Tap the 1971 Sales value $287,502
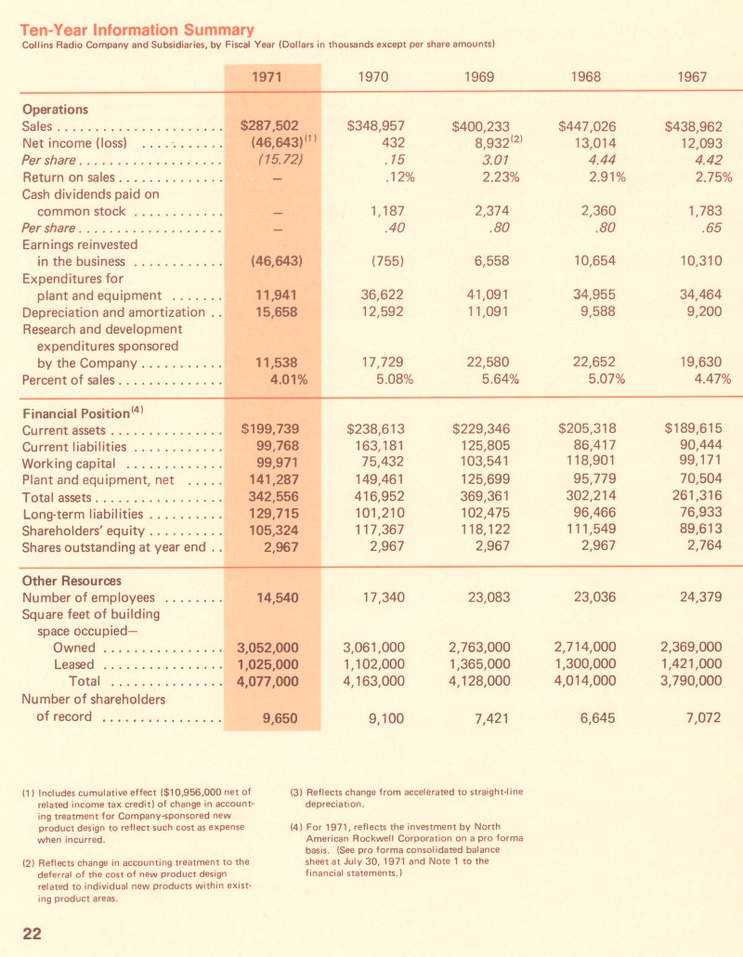(x=268, y=125)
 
